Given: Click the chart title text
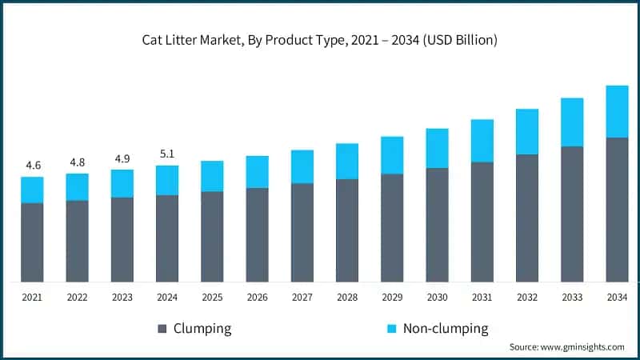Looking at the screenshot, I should pyautogui.click(x=320, y=41).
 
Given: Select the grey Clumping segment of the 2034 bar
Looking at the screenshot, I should pyautogui.click(x=617, y=210).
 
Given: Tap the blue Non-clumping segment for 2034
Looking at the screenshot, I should pyautogui.click(x=617, y=111).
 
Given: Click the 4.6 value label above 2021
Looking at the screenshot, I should pyautogui.click(x=32, y=165).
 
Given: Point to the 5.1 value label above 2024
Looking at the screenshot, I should pyautogui.click(x=167, y=154).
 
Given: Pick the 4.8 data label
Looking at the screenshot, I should pyautogui.click(x=78, y=162).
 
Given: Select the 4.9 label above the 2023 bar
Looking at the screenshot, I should pyautogui.click(x=122, y=158).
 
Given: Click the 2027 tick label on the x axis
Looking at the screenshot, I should pyautogui.click(x=302, y=297).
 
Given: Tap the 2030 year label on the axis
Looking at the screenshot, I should pyautogui.click(x=437, y=297).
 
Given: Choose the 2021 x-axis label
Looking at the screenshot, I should pyautogui.click(x=32, y=297).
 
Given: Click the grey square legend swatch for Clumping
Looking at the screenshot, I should pyautogui.click(x=162, y=329).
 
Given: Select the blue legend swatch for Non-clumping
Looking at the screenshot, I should pyautogui.click(x=391, y=329).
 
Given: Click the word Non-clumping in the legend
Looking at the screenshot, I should pyautogui.click(x=446, y=329).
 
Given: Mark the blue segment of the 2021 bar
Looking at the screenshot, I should pyautogui.click(x=32, y=190).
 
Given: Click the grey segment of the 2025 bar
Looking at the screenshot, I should pyautogui.click(x=212, y=237).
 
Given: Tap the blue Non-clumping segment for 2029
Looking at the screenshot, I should pyautogui.click(x=392, y=155).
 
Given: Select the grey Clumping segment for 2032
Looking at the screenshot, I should pyautogui.click(x=527, y=218).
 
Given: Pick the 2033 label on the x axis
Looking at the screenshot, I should pyautogui.click(x=572, y=297).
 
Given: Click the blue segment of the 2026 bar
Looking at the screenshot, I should pyautogui.click(x=257, y=172).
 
